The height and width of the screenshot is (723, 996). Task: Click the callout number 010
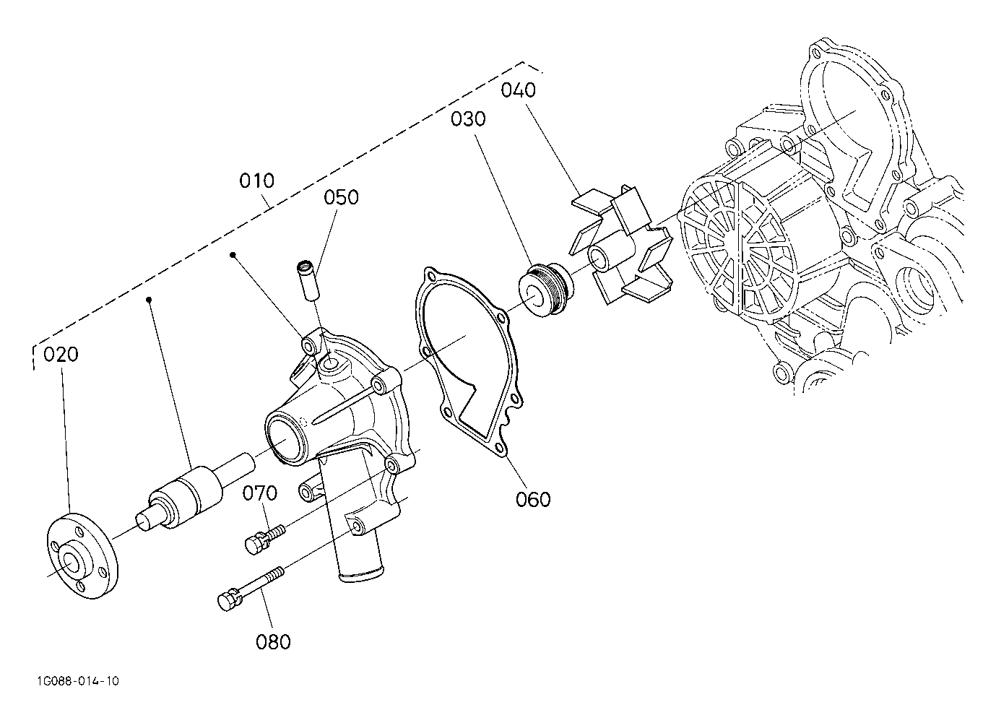pos(257,181)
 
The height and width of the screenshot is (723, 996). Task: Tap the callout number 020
pos(61,355)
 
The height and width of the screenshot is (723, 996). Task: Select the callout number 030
pos(468,119)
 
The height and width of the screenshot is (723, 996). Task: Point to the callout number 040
pos(518,90)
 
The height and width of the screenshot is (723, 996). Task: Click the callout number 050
pos(341,198)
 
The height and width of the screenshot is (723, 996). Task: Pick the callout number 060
pos(533,500)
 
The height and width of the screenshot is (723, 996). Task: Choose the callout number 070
pos(260,493)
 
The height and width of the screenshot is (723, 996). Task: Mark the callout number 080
pos(273,642)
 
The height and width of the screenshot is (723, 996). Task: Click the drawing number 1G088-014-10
pos(78,682)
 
